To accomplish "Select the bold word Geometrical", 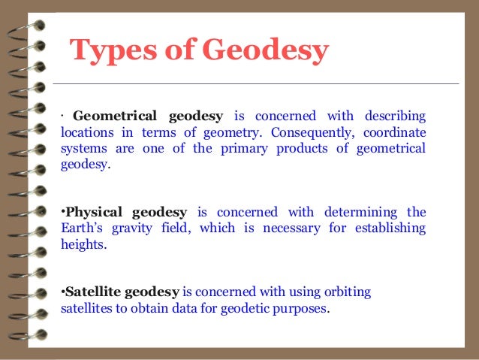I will (115, 116).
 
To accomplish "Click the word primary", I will (249, 148).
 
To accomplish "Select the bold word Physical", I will (95, 212).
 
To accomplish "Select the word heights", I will (80, 244).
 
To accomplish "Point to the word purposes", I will (303, 309).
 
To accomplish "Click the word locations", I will (86, 132).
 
